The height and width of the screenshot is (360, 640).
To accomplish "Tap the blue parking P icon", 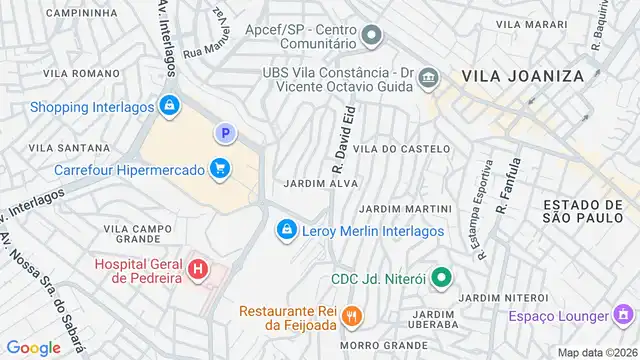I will pyautogui.click(x=226, y=133).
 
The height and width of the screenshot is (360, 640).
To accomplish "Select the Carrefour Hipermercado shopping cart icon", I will pyautogui.click(x=219, y=169).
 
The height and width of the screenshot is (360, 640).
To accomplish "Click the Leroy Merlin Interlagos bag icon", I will pyautogui.click(x=287, y=231).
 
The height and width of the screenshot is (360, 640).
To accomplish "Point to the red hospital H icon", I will pyautogui.click(x=198, y=269).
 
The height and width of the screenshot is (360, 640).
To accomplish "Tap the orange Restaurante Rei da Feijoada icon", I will pyautogui.click(x=350, y=317).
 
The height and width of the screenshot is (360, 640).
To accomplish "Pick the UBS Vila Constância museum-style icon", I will pyautogui.click(x=428, y=78).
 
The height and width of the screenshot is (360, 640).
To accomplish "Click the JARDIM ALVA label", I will pyautogui.click(x=321, y=184).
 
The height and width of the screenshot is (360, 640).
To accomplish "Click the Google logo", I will pyautogui.click(x=33, y=347).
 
